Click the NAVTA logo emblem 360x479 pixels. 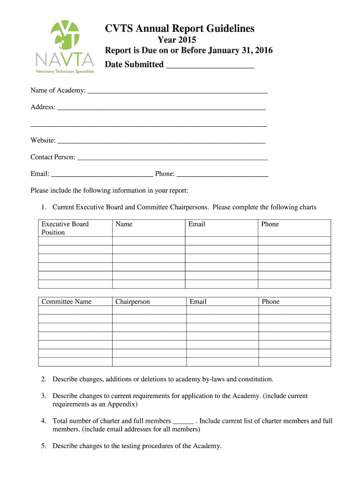click(x=65, y=36)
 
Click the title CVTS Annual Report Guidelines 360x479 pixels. click(x=180, y=29)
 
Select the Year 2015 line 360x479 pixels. click(x=177, y=40)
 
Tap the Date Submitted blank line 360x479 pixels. click(x=210, y=65)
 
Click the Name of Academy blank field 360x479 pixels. click(x=177, y=91)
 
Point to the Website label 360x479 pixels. click(x=43, y=140)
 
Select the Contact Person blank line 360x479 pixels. click(x=172, y=158)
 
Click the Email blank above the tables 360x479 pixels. click(x=102, y=174)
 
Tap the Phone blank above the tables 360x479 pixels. click(x=223, y=174)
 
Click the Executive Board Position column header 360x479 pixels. click(x=65, y=228)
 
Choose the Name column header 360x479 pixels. click(x=124, y=225)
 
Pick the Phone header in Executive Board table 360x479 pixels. click(x=270, y=225)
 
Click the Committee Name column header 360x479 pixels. click(x=66, y=302)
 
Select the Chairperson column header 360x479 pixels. click(x=132, y=302)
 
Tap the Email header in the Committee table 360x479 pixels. click(x=198, y=302)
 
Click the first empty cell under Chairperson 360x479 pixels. click(x=149, y=310)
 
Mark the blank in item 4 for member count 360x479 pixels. click(x=183, y=421)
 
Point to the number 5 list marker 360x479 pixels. click(x=43, y=446)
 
